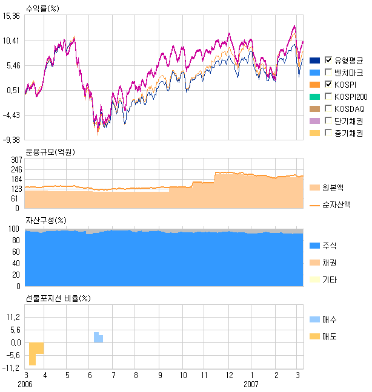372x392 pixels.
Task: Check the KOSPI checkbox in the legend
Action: coord(329,84)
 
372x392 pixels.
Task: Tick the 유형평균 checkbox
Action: coord(329,60)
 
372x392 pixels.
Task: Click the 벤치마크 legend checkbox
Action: coord(329,72)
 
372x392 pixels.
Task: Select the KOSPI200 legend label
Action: coord(351,96)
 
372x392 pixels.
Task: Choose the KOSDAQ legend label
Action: coord(350,108)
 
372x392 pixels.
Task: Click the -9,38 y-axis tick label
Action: coord(12,140)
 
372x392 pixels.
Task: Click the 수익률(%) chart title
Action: coord(43,7)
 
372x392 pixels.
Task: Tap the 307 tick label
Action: coord(16,159)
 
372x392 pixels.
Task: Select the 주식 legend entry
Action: coord(329,246)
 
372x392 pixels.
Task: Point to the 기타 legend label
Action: coord(329,279)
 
